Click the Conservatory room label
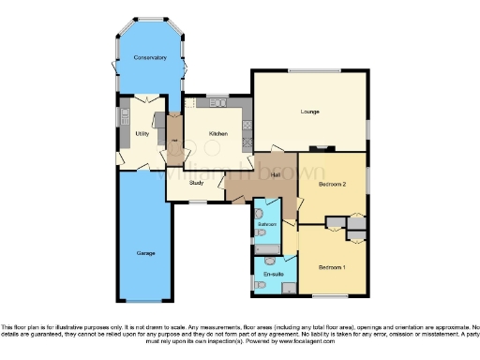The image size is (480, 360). click(x=150, y=58)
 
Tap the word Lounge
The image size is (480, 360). click(x=309, y=112)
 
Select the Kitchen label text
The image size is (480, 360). click(x=217, y=134)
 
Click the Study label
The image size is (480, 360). click(x=197, y=183)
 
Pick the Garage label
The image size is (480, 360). click(x=144, y=253)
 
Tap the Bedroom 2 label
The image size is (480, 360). click(x=333, y=185)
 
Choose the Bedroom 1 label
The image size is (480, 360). click(x=331, y=267)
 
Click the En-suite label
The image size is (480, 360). click(x=273, y=273)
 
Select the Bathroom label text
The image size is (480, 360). click(x=266, y=226)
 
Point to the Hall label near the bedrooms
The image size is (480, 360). click(x=276, y=174)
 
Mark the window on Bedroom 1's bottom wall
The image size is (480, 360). click(x=331, y=295)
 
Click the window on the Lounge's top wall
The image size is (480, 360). click(x=315, y=71)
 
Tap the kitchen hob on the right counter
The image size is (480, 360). click(x=247, y=121)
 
